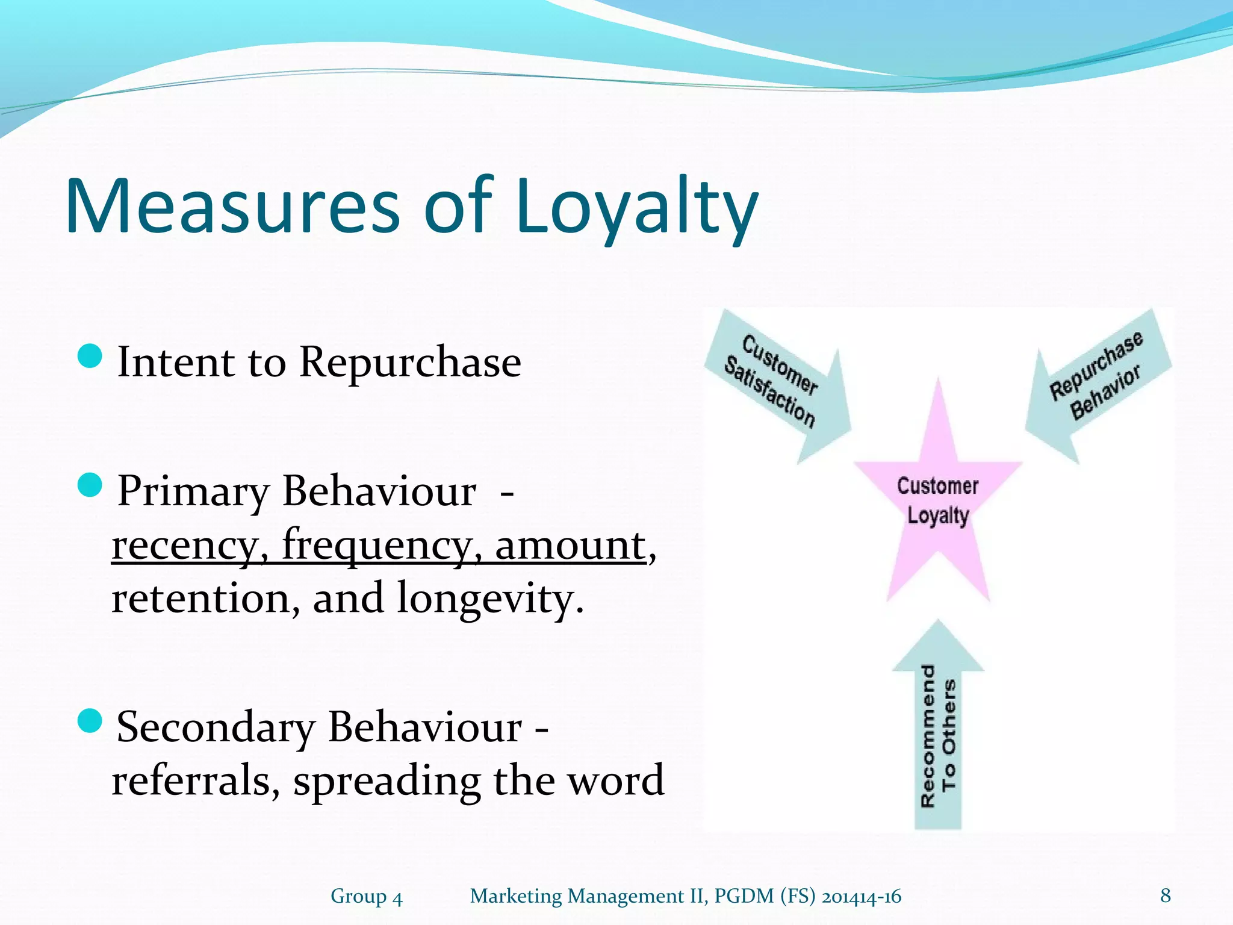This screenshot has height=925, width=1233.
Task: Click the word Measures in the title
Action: point(232,206)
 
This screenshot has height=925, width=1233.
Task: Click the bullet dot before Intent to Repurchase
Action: point(90,356)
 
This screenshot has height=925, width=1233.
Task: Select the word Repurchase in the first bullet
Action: point(410,363)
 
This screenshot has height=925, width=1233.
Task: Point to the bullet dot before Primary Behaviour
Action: point(90,485)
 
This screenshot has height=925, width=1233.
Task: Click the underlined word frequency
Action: point(377,545)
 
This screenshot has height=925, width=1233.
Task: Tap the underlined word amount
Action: point(570,545)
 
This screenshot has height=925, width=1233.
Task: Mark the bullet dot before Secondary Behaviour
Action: point(90,720)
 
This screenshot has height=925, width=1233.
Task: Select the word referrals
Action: point(194,780)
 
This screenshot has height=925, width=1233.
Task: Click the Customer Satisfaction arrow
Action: point(780,385)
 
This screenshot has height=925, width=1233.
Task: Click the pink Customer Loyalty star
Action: point(937,500)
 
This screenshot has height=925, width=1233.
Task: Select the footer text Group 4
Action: point(366,896)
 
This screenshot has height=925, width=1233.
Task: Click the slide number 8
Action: point(1166,895)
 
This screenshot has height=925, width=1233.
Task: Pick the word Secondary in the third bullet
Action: point(216,727)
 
